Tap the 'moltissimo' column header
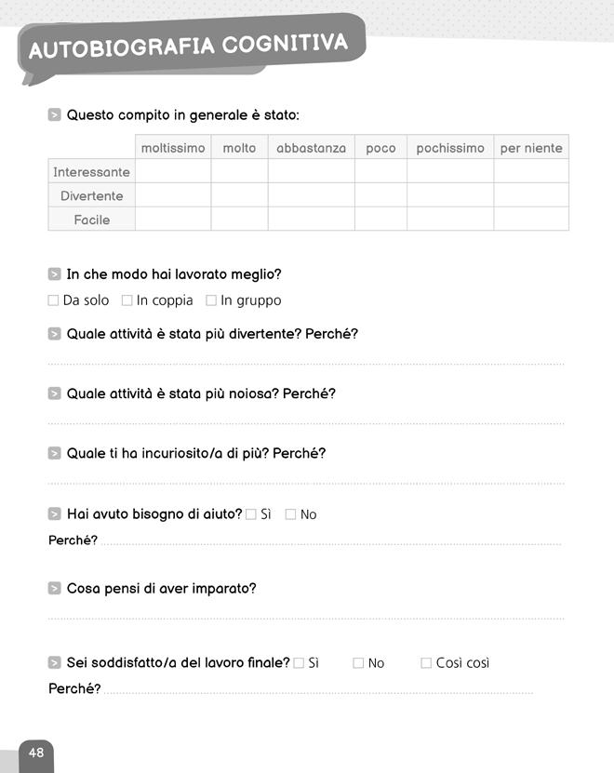click(x=173, y=148)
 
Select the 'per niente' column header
click(x=531, y=148)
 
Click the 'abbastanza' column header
click(x=311, y=148)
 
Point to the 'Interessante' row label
click(x=91, y=172)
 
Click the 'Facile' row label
click(x=91, y=220)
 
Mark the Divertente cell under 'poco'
click(x=380, y=195)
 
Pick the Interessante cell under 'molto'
click(x=239, y=172)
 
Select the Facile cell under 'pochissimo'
click(x=450, y=220)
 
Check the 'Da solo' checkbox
click(x=53, y=300)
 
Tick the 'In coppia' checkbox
click(x=127, y=300)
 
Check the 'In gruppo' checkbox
click(x=211, y=300)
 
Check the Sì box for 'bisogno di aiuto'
click(x=251, y=514)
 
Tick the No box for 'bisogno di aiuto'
click(x=290, y=514)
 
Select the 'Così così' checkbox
click(x=426, y=663)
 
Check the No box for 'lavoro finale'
click(x=358, y=663)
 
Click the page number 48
click(x=36, y=753)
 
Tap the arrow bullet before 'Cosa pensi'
click(x=55, y=589)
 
